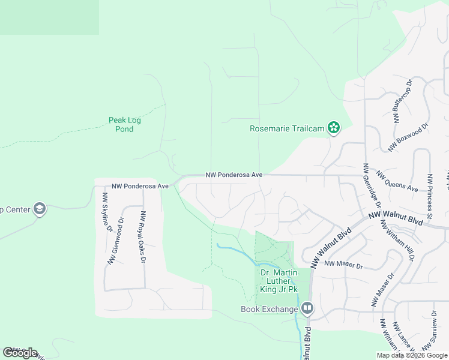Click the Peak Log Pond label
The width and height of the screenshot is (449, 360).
click(x=125, y=124)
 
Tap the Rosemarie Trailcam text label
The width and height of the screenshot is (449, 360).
click(x=287, y=128)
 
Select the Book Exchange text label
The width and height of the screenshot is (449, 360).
click(x=270, y=309)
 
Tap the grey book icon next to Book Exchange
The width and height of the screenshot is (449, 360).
click(x=307, y=308)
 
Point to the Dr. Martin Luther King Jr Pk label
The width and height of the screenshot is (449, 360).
click(x=279, y=281)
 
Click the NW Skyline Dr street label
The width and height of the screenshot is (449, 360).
click(x=107, y=212)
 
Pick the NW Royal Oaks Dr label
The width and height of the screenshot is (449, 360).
click(x=143, y=237)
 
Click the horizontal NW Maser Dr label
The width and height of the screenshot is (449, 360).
click(x=343, y=265)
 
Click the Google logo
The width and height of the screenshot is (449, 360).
click(x=20, y=352)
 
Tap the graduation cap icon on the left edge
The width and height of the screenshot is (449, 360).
click(x=40, y=209)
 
